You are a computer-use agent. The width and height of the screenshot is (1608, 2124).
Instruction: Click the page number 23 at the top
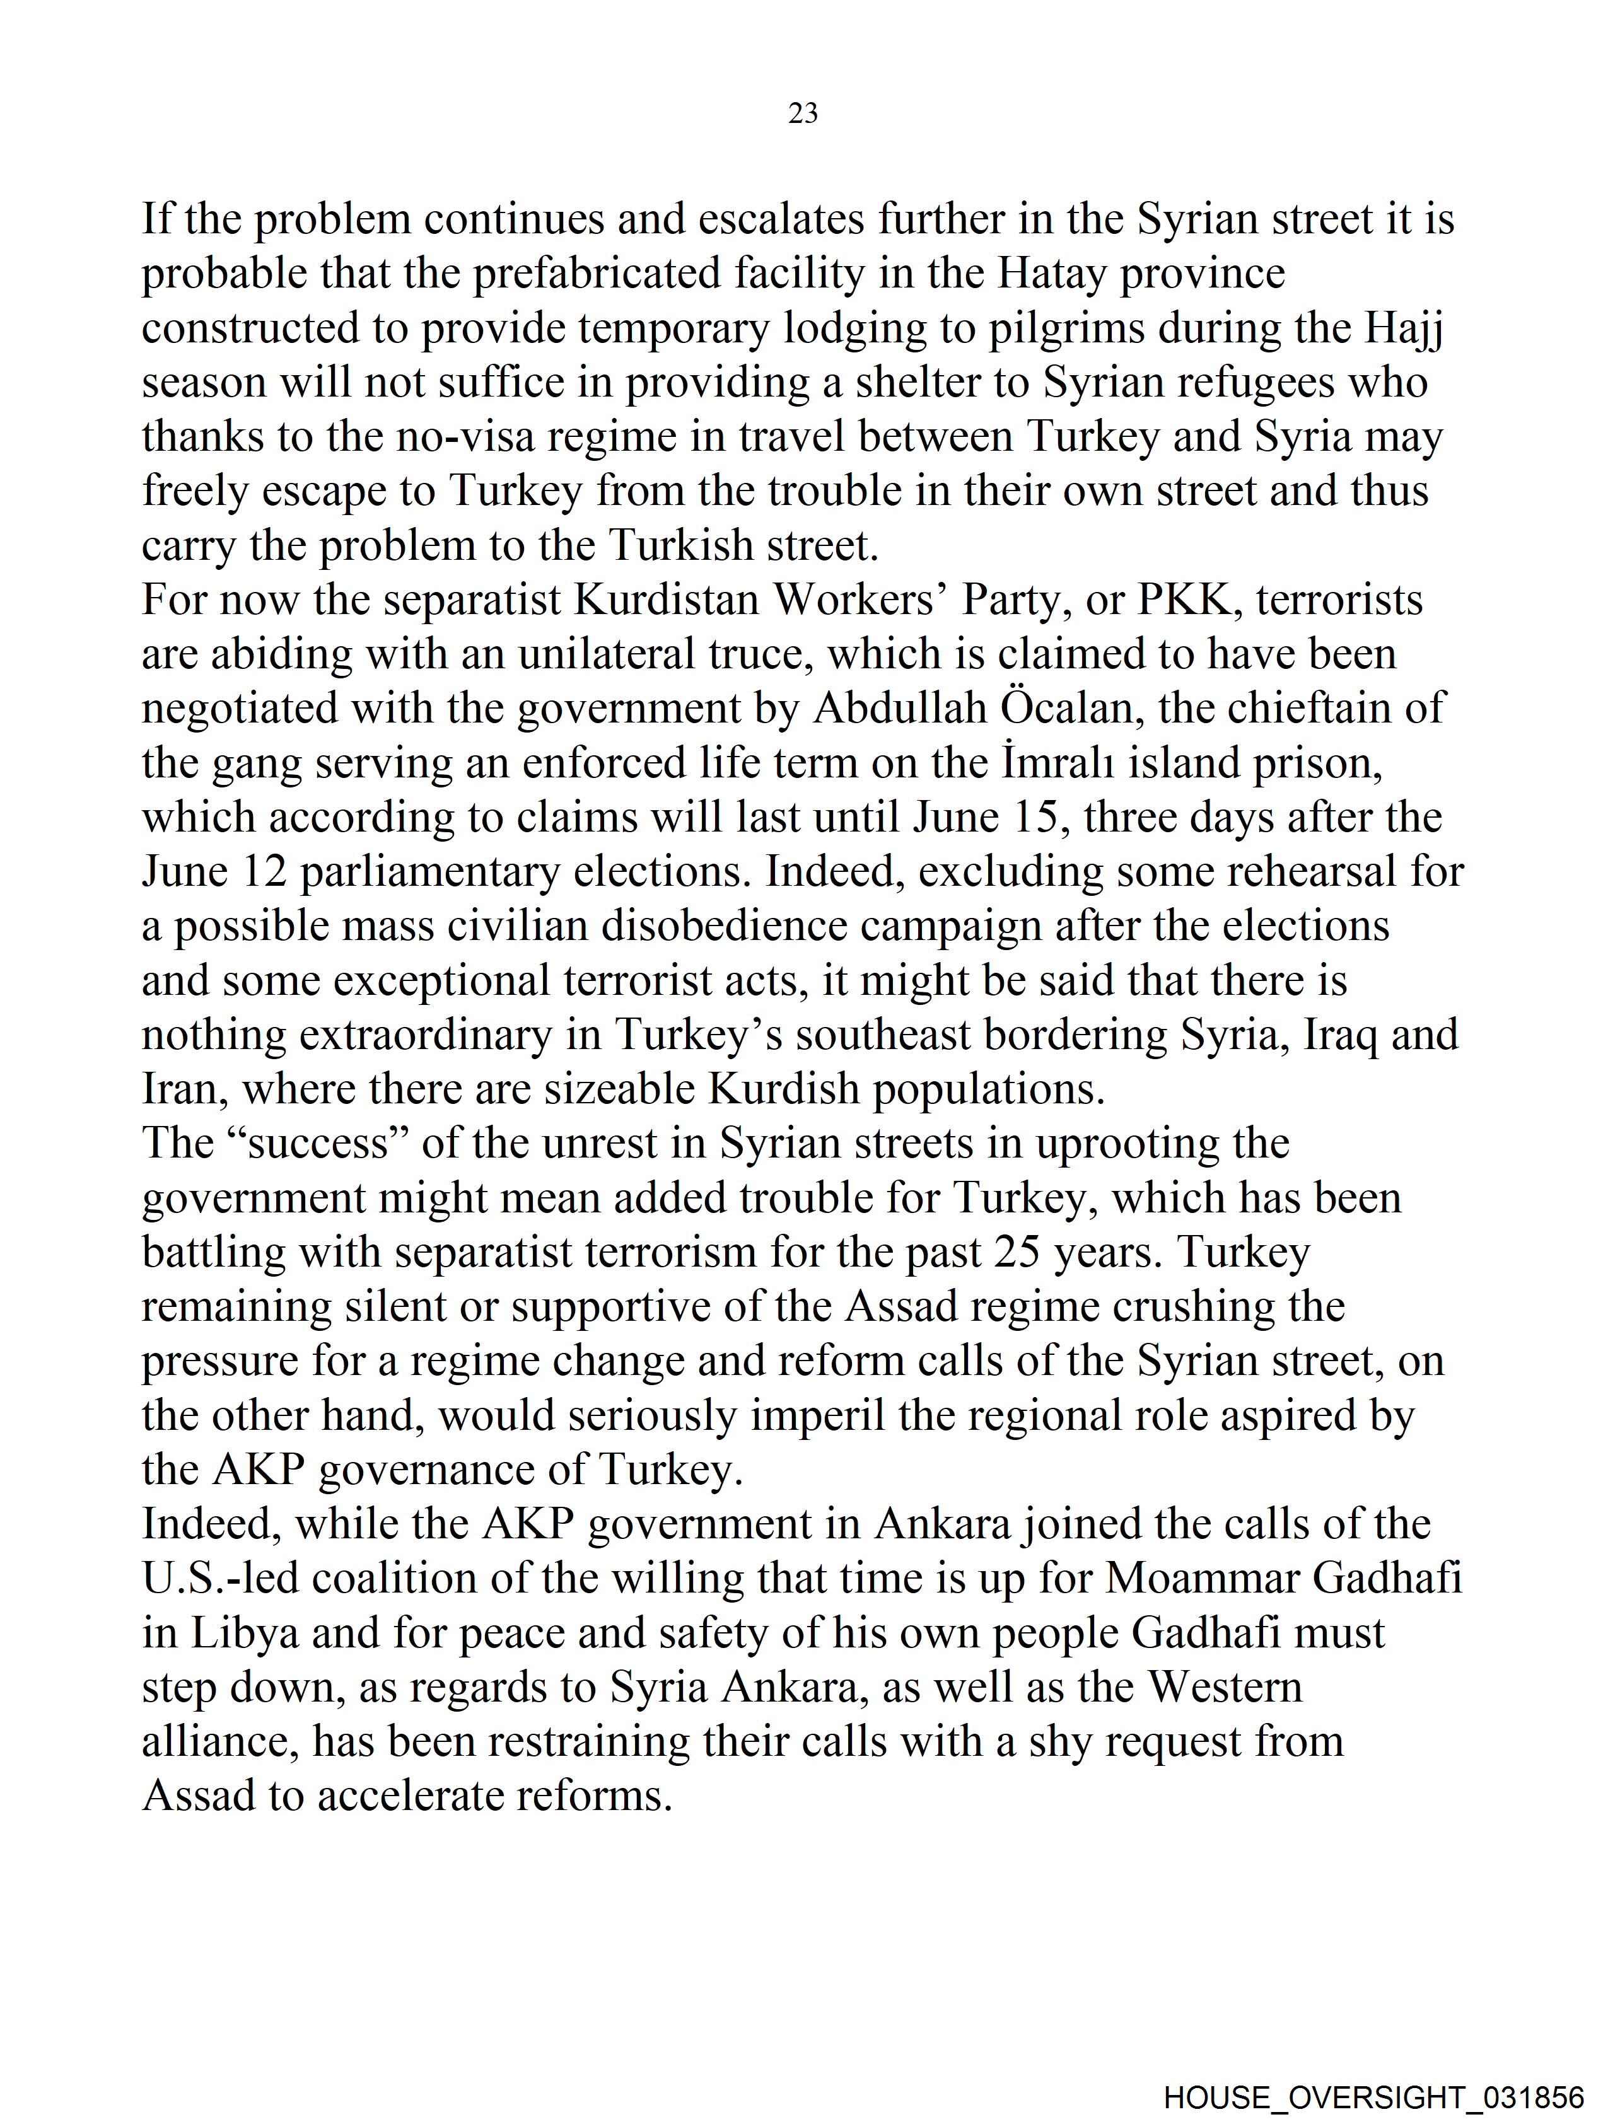(x=803, y=114)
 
